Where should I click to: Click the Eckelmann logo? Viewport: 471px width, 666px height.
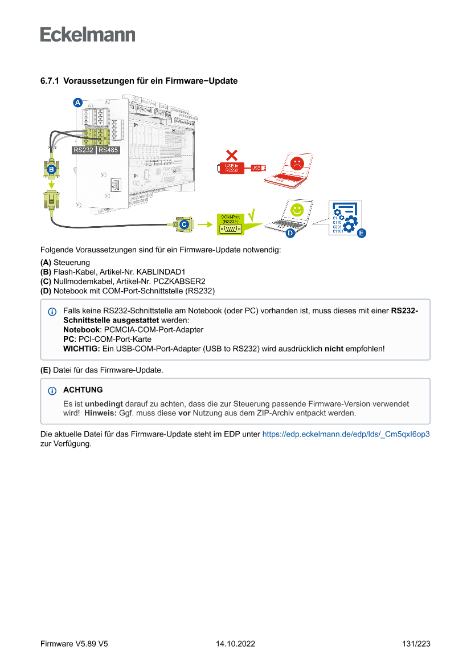point(88,34)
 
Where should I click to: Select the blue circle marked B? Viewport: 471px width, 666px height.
point(51,169)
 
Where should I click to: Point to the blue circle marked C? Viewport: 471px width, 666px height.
point(184,226)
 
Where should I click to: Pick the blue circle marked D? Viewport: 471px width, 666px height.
point(289,233)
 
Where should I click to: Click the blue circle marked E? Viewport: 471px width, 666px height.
point(361,233)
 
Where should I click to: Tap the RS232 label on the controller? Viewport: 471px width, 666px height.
point(83,150)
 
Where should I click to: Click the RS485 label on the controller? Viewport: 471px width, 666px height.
point(108,150)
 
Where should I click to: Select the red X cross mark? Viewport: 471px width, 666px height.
point(232,154)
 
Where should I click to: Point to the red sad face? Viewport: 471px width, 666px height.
point(297,164)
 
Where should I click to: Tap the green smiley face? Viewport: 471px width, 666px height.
point(296,210)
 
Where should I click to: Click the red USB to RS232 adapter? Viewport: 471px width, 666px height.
point(232,167)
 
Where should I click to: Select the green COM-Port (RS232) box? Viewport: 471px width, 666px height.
point(230,225)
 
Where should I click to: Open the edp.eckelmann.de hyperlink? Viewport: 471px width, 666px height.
point(346,434)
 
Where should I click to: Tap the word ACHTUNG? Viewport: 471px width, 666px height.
point(83,390)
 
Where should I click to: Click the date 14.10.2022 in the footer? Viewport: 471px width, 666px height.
point(235,644)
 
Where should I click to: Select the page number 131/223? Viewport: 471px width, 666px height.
point(416,644)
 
